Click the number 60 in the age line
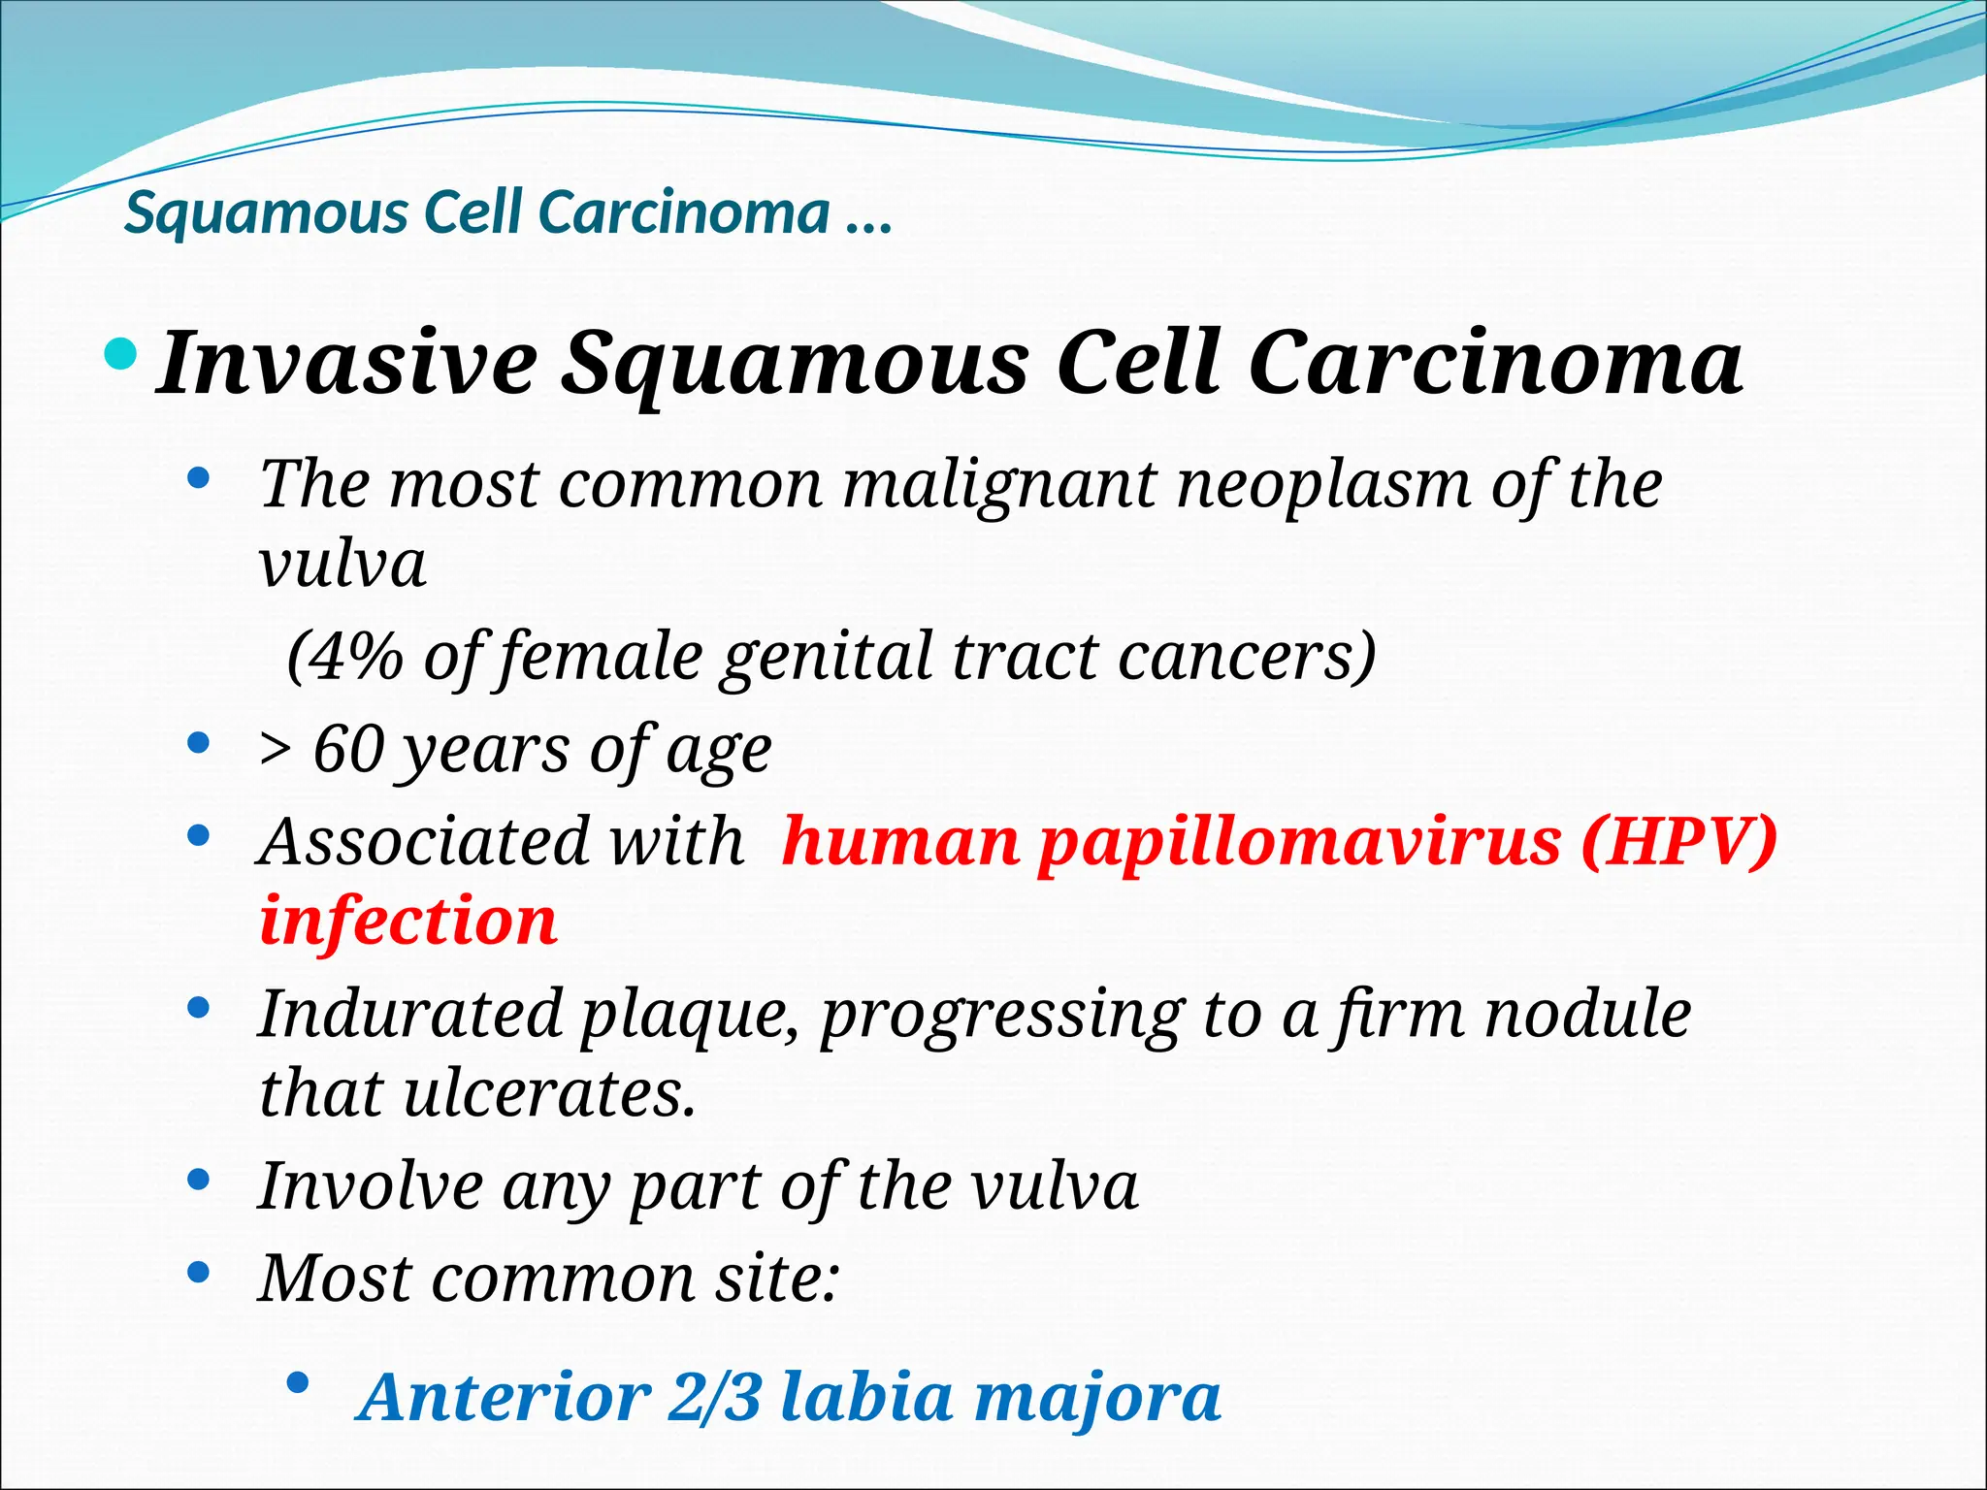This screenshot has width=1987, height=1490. pyautogui.click(x=348, y=750)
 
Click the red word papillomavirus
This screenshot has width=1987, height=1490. pyautogui.click(x=1299, y=841)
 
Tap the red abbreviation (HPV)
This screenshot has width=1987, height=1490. pyautogui.click(x=1679, y=841)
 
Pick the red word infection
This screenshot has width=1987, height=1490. pyautogui.click(x=408, y=921)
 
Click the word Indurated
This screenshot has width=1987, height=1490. pyautogui.click(x=410, y=1014)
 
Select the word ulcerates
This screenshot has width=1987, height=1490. pyautogui.click(x=549, y=1093)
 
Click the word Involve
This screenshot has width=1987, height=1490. pyautogui.click(x=370, y=1186)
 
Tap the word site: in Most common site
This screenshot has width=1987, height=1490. pyautogui.click(x=777, y=1278)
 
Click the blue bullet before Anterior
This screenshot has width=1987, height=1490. pyautogui.click(x=299, y=1382)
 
